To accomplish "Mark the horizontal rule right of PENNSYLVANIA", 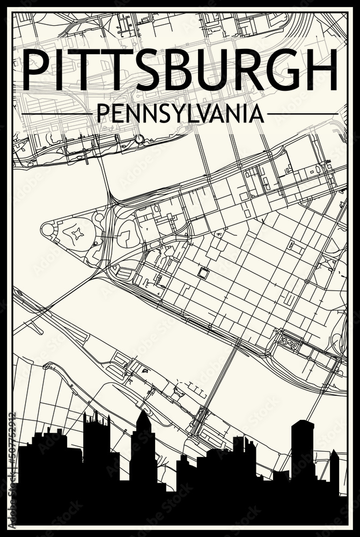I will (302, 114).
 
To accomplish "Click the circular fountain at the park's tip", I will (47, 230).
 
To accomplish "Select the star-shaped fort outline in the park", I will (77, 234).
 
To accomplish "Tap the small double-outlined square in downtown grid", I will (204, 273).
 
